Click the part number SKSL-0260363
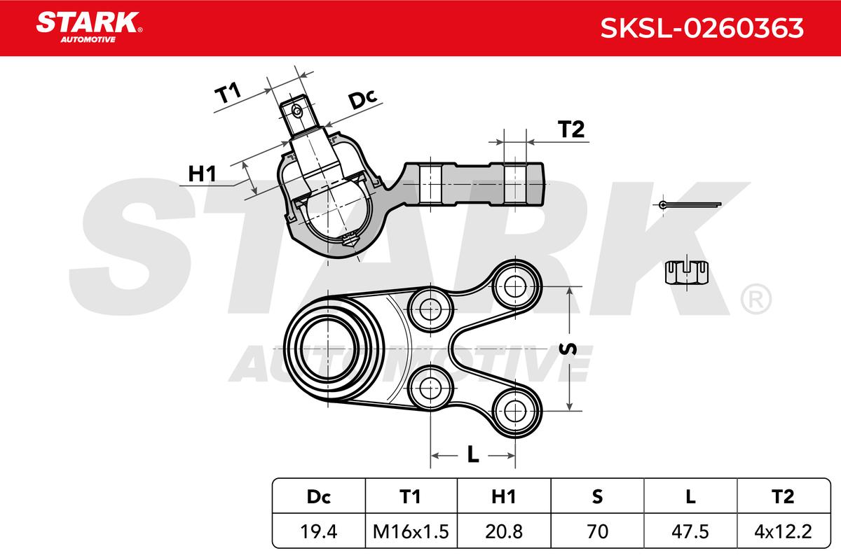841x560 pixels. point(702,28)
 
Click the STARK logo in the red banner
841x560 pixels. point(89,27)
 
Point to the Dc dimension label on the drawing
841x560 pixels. point(363,99)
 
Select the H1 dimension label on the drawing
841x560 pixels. point(202,174)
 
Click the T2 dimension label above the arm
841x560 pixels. point(571,129)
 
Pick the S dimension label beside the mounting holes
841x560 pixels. point(568,349)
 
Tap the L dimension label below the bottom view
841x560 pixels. point(473,456)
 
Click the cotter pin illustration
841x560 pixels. point(690,205)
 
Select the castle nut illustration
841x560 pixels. point(687,272)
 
